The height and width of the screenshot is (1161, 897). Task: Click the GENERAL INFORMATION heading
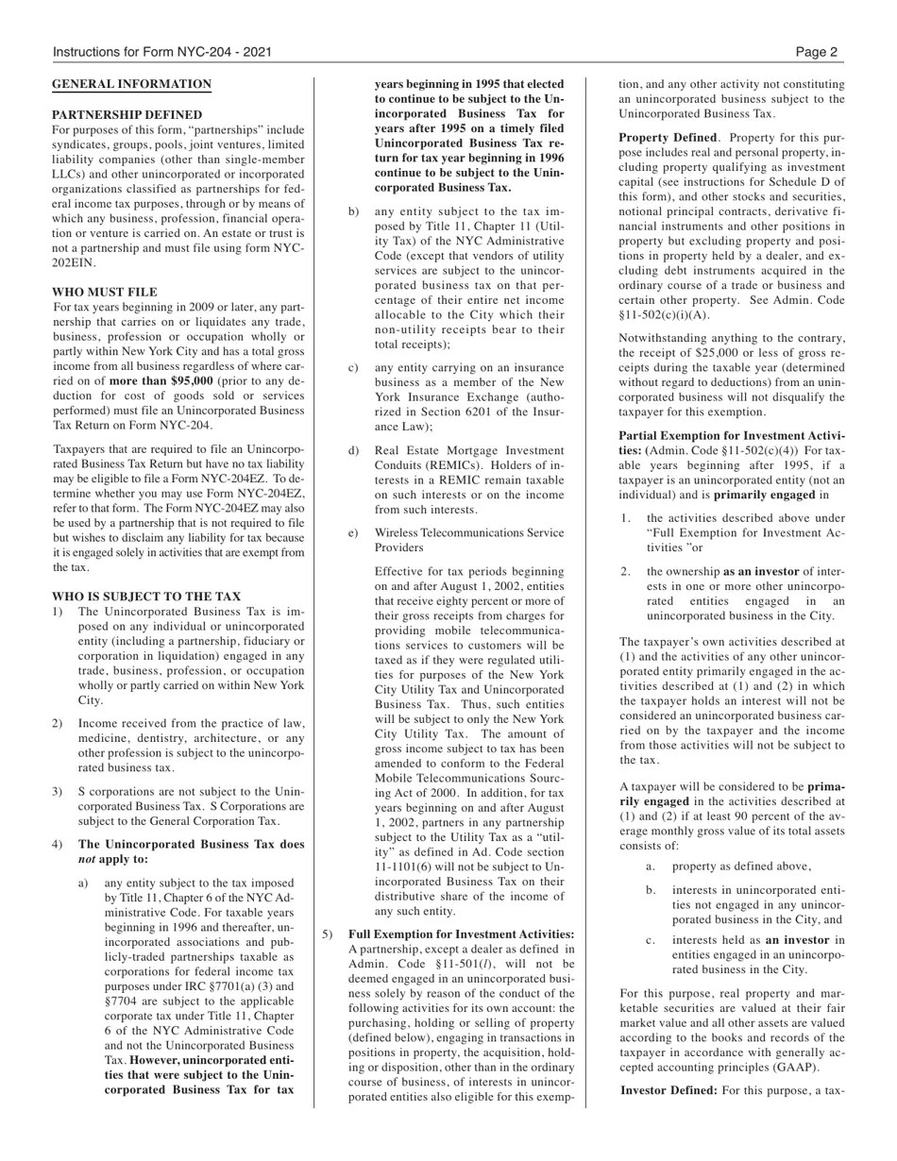[x=131, y=84]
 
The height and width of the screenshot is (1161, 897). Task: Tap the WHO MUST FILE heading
[x=105, y=292]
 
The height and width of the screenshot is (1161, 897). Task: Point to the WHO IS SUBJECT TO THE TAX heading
[x=146, y=597]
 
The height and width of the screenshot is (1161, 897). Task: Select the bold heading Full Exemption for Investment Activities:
[x=461, y=934]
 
